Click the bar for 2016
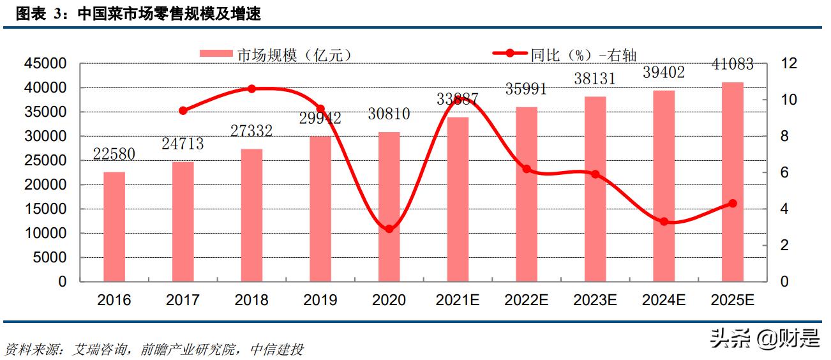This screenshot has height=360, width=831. click(114, 227)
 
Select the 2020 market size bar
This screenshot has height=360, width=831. click(389, 207)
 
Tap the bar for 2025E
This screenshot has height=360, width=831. click(733, 182)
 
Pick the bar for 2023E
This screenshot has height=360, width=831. click(595, 189)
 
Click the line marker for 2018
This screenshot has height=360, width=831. click(251, 89)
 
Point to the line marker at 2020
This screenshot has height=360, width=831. click(389, 229)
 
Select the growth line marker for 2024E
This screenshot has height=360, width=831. click(664, 221)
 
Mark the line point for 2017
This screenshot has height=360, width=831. click(183, 110)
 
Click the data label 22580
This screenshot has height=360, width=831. click(114, 155)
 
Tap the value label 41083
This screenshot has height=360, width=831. click(733, 64)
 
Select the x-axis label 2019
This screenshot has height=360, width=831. click(320, 300)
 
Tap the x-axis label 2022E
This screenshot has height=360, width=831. click(526, 300)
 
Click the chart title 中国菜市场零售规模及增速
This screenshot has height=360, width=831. click(169, 14)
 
